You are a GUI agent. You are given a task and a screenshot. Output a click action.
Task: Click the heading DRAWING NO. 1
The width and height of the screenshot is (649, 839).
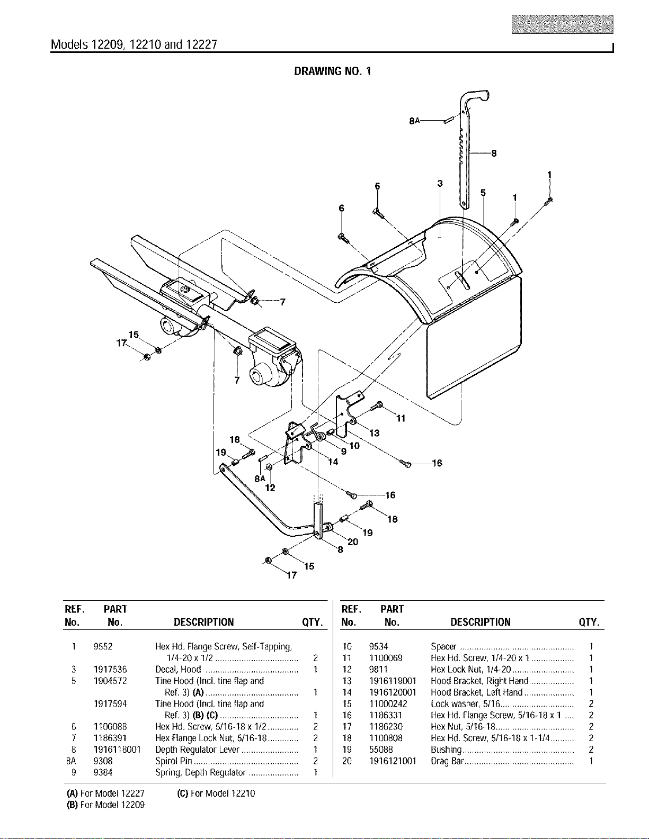[x=332, y=71]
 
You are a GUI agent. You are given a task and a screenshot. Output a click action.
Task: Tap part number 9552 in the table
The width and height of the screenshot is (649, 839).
[x=103, y=646]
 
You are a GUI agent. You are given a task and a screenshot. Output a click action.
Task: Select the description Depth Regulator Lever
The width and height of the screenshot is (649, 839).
[x=197, y=750]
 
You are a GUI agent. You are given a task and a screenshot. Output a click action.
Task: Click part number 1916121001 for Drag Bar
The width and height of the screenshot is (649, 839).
[x=393, y=761]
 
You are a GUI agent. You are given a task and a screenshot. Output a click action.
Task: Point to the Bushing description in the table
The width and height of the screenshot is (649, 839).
[x=446, y=750]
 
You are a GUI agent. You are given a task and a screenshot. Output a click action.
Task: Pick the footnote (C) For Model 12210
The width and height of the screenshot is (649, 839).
[x=216, y=793]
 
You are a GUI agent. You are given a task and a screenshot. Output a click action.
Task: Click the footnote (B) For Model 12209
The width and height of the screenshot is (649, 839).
[x=105, y=805]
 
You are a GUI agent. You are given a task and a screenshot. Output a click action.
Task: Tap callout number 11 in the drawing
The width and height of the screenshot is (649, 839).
[x=401, y=418]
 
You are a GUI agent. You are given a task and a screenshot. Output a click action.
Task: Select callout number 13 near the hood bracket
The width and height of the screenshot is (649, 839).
[x=375, y=433]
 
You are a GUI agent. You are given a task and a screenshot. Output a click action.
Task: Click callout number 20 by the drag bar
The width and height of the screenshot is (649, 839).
[x=353, y=542]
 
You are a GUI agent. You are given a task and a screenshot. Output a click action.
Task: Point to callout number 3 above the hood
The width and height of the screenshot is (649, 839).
[x=440, y=183]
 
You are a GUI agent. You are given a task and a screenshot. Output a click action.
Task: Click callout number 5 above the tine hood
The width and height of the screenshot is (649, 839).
[x=483, y=192]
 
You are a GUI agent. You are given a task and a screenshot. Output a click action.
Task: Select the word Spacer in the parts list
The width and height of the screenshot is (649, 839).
[x=443, y=646]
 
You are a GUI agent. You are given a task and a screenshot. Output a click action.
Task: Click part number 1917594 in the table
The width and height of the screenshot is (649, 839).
[x=110, y=704]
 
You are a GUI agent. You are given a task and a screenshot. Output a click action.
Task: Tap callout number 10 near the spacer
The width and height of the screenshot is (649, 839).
[x=354, y=446]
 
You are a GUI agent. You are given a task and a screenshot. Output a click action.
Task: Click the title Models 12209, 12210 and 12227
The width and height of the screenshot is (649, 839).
[x=134, y=45]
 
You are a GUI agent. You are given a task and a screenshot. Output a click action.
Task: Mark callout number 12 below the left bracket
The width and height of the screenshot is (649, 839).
[x=270, y=488]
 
